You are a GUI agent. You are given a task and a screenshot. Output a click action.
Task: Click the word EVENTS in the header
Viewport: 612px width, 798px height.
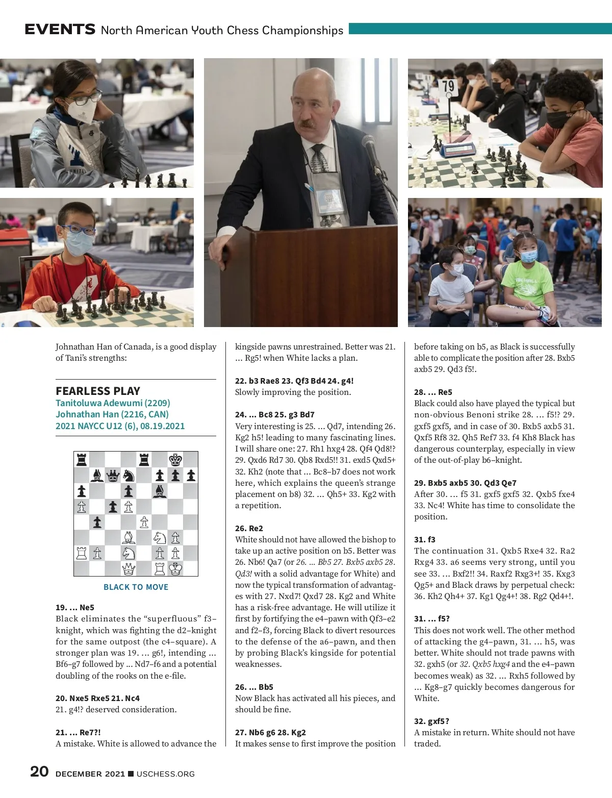60,30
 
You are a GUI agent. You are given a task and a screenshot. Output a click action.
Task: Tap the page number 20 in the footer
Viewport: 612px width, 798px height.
39,771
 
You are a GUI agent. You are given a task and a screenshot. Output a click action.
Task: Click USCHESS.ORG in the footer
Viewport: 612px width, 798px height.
165,774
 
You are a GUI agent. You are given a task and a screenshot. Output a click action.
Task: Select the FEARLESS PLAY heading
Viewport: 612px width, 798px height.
98,391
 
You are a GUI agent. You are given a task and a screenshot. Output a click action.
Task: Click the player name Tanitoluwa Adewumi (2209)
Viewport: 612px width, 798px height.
113,403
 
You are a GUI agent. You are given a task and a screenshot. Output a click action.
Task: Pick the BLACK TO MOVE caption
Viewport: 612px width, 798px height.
136,587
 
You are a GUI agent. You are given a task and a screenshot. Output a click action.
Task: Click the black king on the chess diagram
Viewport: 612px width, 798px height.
175,460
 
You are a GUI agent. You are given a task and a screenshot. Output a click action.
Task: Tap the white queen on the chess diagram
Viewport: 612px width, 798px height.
129,568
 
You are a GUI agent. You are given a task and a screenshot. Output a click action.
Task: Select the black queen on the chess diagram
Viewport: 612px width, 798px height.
113,476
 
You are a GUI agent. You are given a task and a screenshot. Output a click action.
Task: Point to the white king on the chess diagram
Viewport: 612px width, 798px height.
175,568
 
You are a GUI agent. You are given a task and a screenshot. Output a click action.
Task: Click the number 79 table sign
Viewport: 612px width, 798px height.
448,86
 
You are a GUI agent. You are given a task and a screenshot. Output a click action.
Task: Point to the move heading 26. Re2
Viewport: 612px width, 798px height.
249,528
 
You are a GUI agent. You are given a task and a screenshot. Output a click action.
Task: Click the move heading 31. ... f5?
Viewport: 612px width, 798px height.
431,618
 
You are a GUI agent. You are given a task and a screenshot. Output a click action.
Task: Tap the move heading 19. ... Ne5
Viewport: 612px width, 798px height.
75,607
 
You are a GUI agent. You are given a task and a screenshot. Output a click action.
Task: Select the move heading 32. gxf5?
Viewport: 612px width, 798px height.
431,721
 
